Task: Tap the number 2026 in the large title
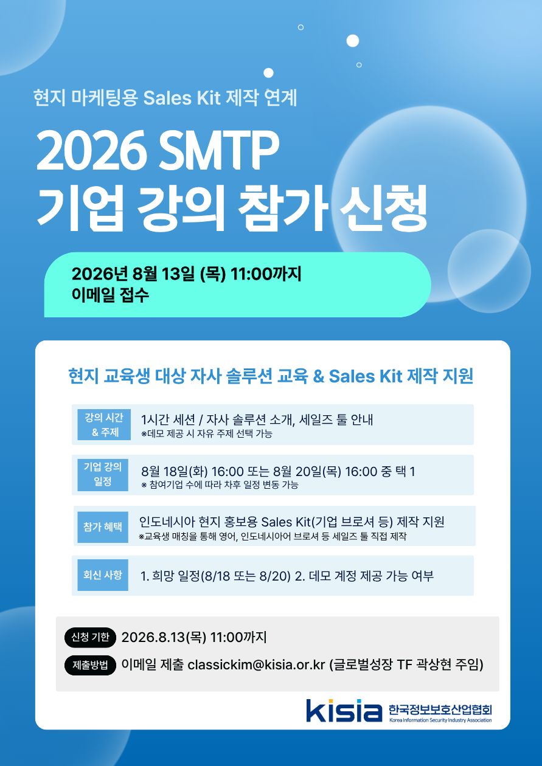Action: point(89,151)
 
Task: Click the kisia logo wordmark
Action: point(344,710)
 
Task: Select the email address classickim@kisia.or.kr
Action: point(256,665)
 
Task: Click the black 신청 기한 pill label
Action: point(90,637)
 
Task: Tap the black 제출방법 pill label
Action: point(90,665)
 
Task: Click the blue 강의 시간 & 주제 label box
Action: point(104,425)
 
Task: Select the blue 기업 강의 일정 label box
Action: point(103,475)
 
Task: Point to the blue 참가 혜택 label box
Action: point(103,527)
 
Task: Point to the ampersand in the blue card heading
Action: point(318,376)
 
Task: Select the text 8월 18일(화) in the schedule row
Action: point(175,472)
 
